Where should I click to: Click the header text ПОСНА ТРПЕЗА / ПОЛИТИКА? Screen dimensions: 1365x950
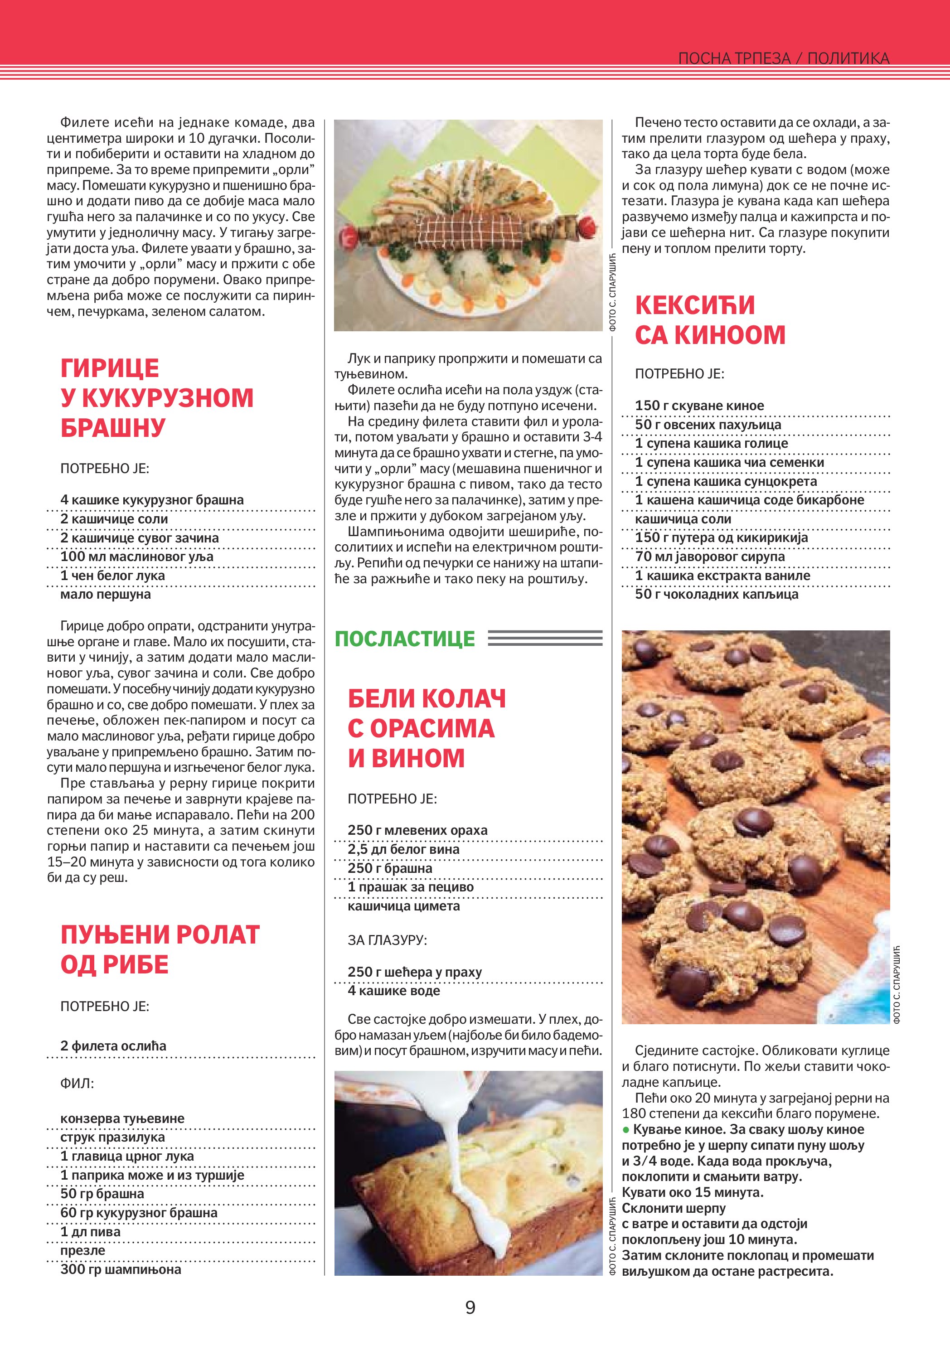(x=784, y=58)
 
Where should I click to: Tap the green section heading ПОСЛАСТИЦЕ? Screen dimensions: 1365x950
(x=405, y=639)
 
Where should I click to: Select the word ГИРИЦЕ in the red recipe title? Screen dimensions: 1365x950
(x=110, y=368)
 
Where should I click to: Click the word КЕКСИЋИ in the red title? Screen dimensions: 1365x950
(x=695, y=305)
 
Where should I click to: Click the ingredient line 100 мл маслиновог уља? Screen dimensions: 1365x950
(x=137, y=557)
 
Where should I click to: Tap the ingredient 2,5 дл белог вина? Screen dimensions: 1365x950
(x=404, y=849)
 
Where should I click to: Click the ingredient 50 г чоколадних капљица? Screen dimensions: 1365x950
(x=717, y=594)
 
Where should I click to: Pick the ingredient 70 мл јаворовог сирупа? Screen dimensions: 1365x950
(x=710, y=557)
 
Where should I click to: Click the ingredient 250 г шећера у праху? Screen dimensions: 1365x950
(x=414, y=972)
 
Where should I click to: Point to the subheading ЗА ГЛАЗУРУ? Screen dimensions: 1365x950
(x=387, y=940)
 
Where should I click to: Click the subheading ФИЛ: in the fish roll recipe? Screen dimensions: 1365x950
(x=77, y=1083)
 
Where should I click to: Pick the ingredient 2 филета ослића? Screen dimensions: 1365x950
(x=113, y=1046)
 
